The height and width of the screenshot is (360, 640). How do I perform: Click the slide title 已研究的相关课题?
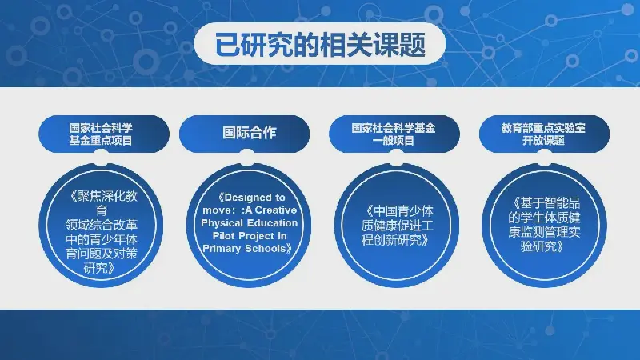click(320, 44)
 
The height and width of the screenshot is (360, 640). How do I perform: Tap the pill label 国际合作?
click(249, 133)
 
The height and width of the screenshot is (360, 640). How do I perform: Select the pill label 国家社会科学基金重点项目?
click(101, 134)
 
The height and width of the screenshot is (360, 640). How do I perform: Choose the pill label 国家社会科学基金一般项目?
click(394, 134)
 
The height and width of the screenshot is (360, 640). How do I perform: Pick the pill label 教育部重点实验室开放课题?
click(543, 134)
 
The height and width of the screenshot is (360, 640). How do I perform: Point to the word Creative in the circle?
click(276, 210)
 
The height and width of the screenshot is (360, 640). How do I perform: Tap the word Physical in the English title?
click(221, 223)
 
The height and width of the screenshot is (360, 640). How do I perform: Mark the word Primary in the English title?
click(222, 249)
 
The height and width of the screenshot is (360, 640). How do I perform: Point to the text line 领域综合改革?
click(102, 225)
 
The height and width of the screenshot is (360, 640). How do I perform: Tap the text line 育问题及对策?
click(102, 254)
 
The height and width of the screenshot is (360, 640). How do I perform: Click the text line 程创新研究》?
click(395, 239)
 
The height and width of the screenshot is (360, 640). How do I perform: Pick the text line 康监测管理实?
click(544, 232)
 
